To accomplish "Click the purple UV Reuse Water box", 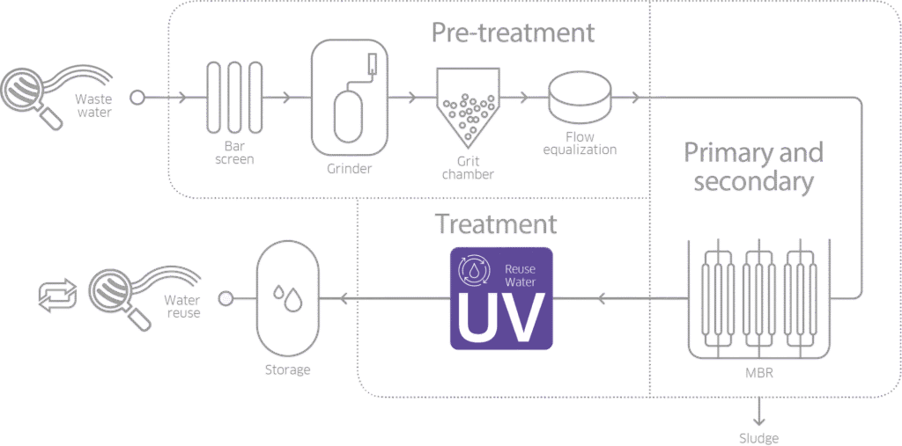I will pos(501,299).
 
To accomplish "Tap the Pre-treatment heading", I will pos(513,33).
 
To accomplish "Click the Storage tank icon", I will pos(287,300).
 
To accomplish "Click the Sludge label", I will pos(757,436).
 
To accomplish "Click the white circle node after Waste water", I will pos(137,98).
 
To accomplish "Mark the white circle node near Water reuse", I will pos(225,299).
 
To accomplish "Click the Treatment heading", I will pos(497,224).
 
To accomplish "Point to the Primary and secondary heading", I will pos(753,167).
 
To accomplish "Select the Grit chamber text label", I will pos(468,167).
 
